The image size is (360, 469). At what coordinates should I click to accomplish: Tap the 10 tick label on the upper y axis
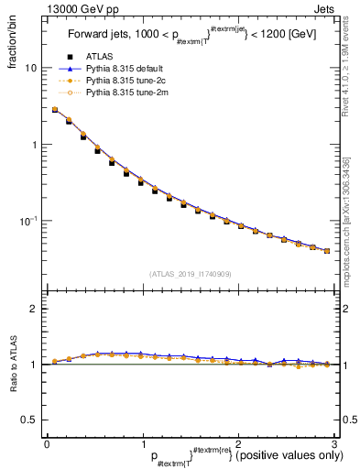tap(30, 69)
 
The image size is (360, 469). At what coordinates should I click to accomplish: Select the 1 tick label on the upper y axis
tap(33, 145)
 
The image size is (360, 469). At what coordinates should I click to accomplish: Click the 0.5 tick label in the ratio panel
tap(28, 420)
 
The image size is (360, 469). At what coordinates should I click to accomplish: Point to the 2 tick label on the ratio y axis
tap(33, 310)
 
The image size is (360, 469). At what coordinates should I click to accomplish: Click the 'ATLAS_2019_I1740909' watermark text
tap(190, 273)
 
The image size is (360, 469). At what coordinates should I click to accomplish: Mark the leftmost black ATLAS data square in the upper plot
tap(55, 110)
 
